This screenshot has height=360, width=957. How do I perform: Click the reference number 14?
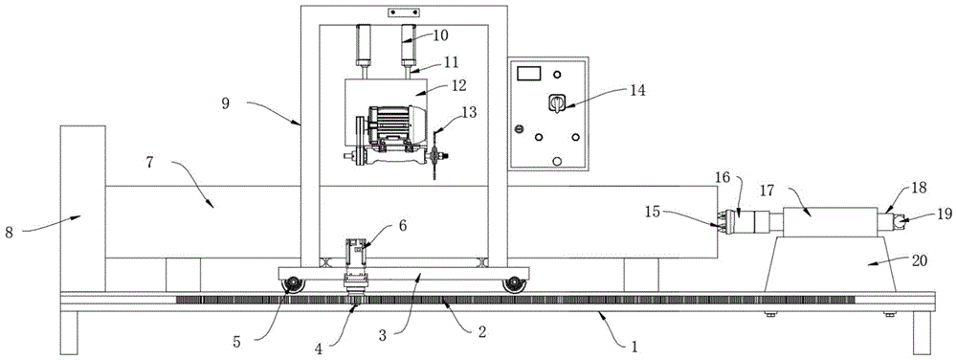pyautogui.click(x=636, y=90)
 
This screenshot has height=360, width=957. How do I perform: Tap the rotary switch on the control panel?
pyautogui.click(x=556, y=103)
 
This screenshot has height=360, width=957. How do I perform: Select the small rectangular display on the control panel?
pyautogui.click(x=529, y=74)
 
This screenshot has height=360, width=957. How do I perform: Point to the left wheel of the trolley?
pyautogui.click(x=294, y=284)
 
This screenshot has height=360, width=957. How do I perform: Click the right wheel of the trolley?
pyautogui.click(x=514, y=284)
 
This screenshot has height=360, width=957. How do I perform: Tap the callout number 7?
pyautogui.click(x=151, y=163)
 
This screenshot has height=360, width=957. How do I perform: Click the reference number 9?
pyautogui.click(x=225, y=104)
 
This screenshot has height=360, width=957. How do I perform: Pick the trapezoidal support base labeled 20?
pyautogui.click(x=830, y=264)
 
